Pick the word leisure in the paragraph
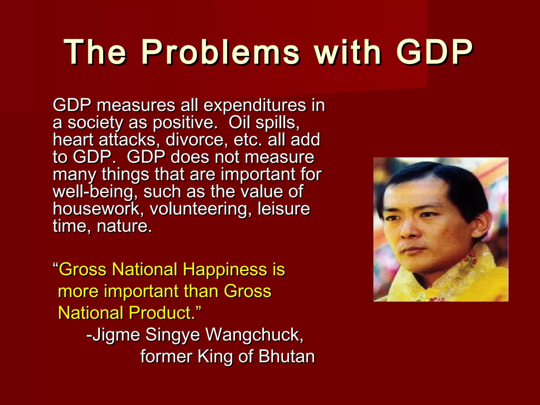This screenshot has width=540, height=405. click(x=284, y=209)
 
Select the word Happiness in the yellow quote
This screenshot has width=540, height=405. click(x=225, y=269)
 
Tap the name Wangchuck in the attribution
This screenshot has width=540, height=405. click(x=254, y=335)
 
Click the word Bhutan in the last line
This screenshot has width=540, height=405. click(x=287, y=356)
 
